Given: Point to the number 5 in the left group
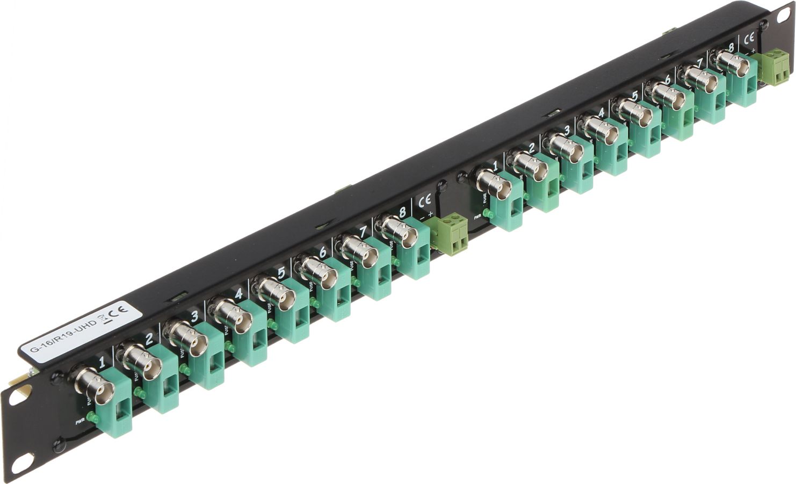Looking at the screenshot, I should coord(280,273).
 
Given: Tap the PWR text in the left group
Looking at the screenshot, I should coord(80,422).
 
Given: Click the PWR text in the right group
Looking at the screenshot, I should coord(477,217).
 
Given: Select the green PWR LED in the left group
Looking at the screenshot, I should coord(92,416).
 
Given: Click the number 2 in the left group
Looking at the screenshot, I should coord(149,338).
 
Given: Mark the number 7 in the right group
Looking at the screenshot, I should coord(699,62).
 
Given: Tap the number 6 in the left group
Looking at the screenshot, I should coord(322,252).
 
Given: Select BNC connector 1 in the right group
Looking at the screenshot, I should coord(493,184).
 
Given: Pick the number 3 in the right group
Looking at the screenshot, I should coord(566,130).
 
